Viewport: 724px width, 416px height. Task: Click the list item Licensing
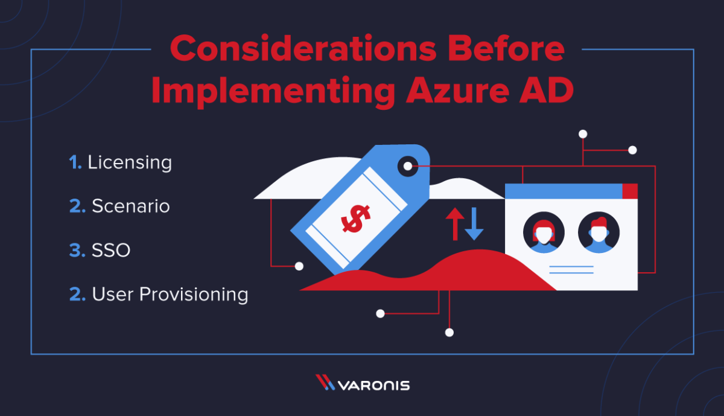click(x=130, y=162)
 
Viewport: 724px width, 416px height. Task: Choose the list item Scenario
click(x=130, y=206)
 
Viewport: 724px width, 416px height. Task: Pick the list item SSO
click(x=111, y=250)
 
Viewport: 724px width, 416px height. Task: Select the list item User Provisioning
click(x=170, y=294)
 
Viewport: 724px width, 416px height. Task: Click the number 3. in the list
click(x=77, y=250)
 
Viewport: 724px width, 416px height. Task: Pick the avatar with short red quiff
click(x=599, y=232)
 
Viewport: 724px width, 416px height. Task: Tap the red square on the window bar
click(x=630, y=191)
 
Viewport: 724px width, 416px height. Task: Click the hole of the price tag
click(x=408, y=166)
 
